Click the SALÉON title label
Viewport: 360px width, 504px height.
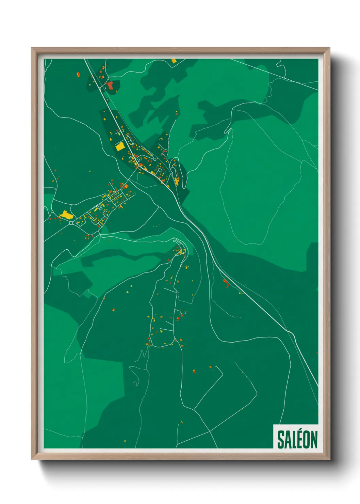point(297,439)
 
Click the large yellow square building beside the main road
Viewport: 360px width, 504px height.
point(119,147)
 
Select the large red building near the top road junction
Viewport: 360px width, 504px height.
point(110,85)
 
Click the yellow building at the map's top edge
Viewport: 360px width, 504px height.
point(174,61)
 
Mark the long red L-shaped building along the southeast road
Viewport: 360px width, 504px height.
point(226,283)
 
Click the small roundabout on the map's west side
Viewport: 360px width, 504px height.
point(71,223)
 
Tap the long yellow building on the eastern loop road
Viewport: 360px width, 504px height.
point(177,181)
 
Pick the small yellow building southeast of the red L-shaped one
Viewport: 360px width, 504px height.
point(240,293)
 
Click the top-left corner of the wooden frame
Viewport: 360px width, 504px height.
point(32,48)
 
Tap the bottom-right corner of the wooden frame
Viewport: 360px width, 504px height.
point(330,459)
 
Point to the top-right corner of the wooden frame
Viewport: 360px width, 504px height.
point(330,48)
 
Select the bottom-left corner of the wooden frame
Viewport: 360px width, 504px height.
point(32,459)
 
